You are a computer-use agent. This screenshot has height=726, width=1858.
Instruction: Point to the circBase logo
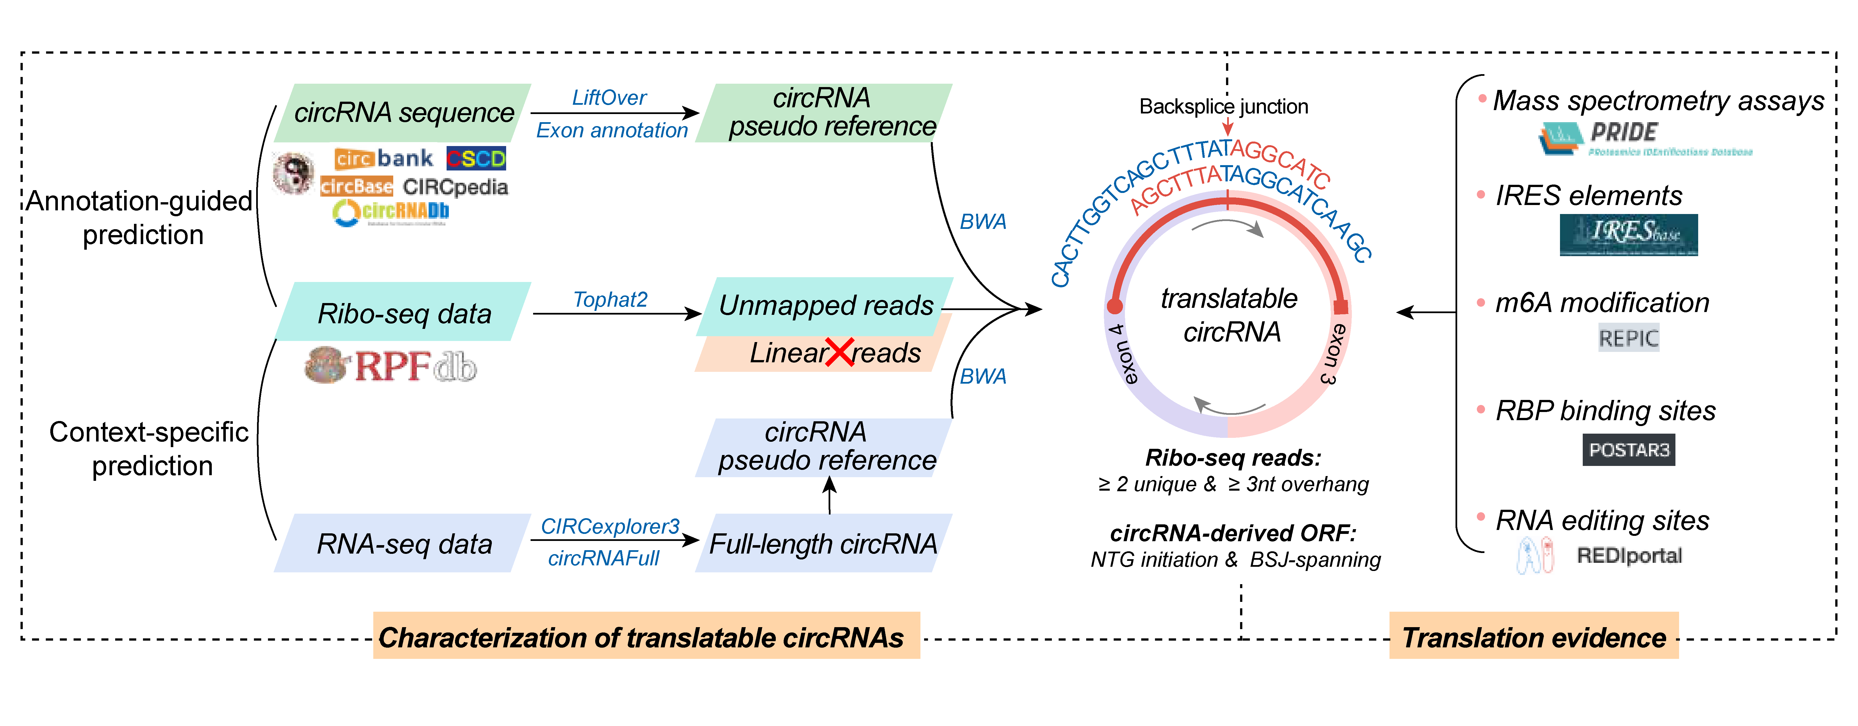pyautogui.click(x=356, y=187)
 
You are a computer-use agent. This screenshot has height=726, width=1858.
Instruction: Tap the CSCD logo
pyautogui.click(x=476, y=158)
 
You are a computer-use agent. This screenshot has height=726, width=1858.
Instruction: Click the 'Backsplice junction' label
pyautogui.click(x=1223, y=107)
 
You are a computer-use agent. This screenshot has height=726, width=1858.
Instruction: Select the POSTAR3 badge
pyautogui.click(x=1629, y=450)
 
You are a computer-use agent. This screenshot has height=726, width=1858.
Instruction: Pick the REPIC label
pyautogui.click(x=1629, y=338)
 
